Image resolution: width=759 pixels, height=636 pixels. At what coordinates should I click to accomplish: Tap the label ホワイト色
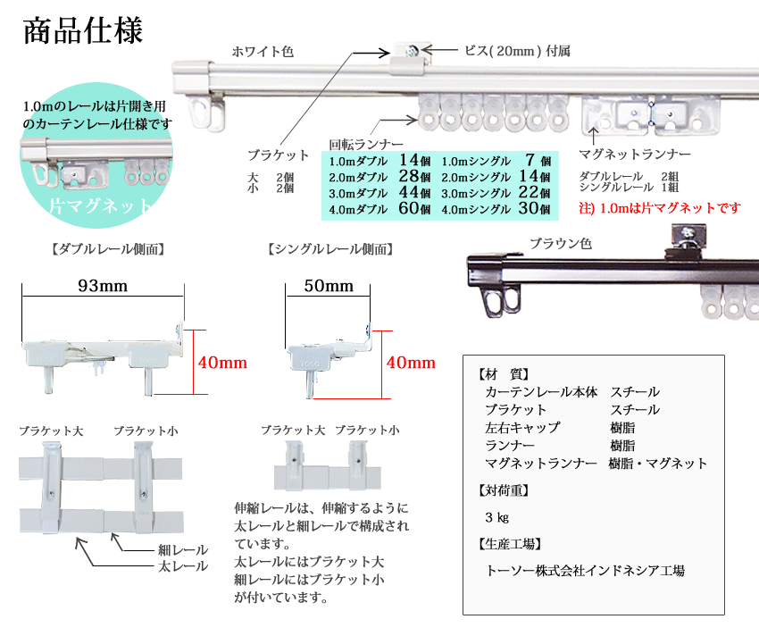(262, 52)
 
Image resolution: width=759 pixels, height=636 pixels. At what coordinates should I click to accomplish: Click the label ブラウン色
(560, 243)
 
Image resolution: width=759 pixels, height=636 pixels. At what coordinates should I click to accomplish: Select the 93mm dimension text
(103, 286)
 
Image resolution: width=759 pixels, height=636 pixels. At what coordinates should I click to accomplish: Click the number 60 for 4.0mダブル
(408, 209)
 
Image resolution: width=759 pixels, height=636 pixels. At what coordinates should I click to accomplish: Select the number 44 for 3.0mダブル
(408, 193)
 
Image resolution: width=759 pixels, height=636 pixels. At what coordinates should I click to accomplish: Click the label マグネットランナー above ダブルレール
(635, 154)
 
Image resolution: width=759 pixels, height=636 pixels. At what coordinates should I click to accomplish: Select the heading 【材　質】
(505, 374)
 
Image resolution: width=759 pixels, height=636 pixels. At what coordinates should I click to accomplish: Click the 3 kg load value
(496, 517)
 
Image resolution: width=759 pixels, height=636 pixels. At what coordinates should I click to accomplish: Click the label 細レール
(183, 549)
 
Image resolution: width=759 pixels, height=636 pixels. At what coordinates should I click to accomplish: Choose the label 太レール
(183, 565)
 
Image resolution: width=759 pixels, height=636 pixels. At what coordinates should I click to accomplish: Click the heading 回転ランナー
(366, 144)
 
